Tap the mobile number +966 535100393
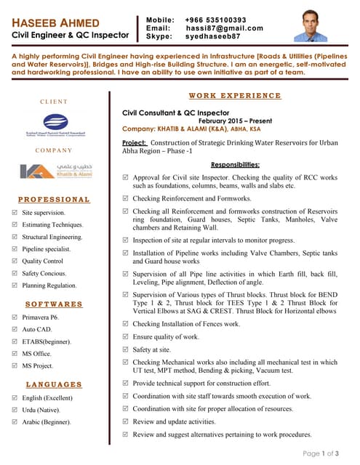(215, 20)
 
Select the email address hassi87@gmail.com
(224, 28)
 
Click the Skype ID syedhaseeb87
(215, 36)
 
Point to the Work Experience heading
(234, 96)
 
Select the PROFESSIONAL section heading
(55, 199)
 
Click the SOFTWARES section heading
(55, 304)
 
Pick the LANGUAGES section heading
(55, 384)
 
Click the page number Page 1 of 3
(321, 453)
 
